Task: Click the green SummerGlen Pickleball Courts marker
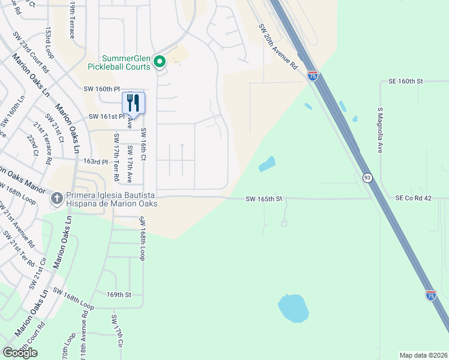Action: click(160, 61)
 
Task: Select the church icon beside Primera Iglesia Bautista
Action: click(57, 197)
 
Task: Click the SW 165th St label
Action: click(264, 199)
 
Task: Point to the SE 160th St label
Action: click(406, 80)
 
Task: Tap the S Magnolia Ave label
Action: click(380, 131)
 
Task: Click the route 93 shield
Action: click(367, 177)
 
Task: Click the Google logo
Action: click(20, 352)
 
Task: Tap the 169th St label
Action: click(119, 295)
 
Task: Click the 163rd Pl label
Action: click(95, 162)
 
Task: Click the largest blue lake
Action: click(293, 308)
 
